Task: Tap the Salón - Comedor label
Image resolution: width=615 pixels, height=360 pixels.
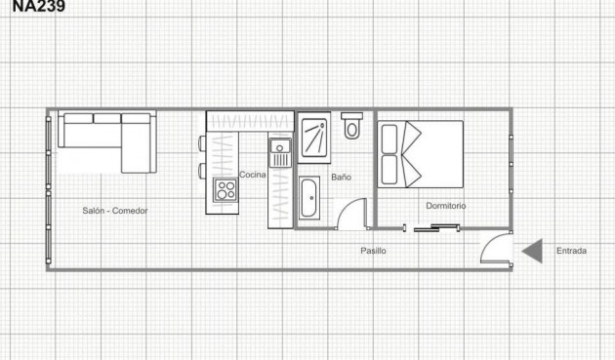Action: (114, 211)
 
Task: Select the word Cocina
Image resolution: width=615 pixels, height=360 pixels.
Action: (253, 175)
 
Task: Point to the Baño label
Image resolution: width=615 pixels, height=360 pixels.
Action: (341, 178)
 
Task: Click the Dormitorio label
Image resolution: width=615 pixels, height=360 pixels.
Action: (445, 206)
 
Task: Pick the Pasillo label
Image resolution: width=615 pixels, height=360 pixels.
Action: (373, 251)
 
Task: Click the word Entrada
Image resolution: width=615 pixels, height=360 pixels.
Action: (571, 251)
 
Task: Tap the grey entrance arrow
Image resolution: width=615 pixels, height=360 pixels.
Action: (532, 251)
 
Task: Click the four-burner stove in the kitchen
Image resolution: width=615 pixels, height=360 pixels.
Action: (227, 189)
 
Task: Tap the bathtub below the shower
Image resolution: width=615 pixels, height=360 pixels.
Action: (309, 198)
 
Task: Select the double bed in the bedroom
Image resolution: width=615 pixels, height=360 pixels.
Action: (420, 153)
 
